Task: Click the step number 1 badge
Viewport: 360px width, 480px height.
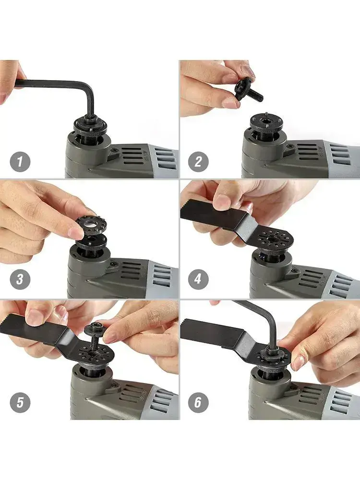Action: [20, 162]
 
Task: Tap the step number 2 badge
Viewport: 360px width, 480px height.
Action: [198, 162]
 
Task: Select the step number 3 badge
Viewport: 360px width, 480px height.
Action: [20, 279]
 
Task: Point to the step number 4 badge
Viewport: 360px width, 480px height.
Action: [198, 279]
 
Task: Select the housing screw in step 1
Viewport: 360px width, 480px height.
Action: [114, 150]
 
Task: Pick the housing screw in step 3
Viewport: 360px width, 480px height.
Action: [114, 264]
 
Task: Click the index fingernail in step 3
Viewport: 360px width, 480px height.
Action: [75, 233]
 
